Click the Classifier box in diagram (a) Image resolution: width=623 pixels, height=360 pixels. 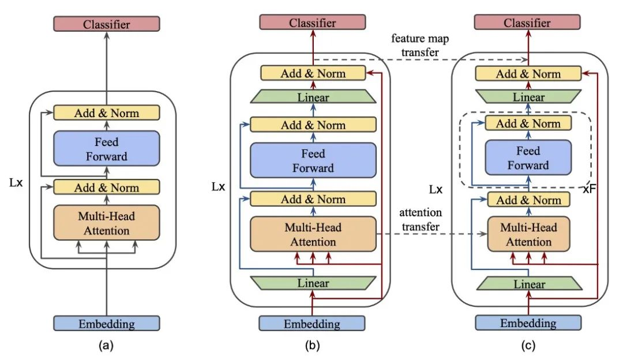coord(106,24)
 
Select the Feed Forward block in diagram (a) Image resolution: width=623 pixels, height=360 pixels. coord(106,148)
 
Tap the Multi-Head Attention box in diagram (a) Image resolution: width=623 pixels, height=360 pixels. coord(106,223)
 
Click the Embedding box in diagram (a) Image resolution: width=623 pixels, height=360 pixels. coord(106,324)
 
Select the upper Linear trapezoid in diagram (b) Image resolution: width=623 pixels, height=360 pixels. coord(313,97)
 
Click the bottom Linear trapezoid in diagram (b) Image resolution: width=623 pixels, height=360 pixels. coord(313,283)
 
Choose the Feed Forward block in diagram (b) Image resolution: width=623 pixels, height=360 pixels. coord(313,160)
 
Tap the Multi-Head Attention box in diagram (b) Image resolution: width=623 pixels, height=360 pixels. coord(313,234)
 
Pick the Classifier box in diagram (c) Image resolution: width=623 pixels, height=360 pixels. coord(528,22)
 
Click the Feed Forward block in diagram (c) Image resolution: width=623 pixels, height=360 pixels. coord(528,158)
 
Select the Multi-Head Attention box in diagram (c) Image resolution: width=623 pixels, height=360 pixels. coord(528,234)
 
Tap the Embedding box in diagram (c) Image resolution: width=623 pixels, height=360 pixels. coord(528,323)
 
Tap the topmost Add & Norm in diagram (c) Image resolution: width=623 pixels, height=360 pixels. coord(528,73)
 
